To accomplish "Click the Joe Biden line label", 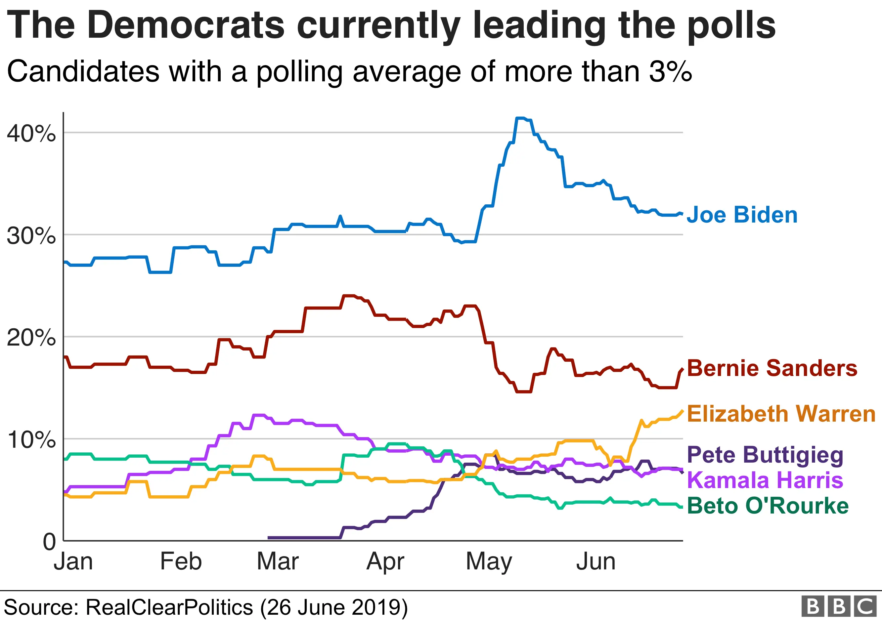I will pyautogui.click(x=742, y=215).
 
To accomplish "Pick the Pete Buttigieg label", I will pyautogui.click(x=765, y=455).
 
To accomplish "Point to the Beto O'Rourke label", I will pyautogui.click(x=768, y=506).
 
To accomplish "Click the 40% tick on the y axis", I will pyautogui.click(x=31, y=134).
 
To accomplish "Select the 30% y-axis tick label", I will pyautogui.click(x=31, y=236).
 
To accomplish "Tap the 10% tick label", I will pyautogui.click(x=31, y=439).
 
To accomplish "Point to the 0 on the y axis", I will pyautogui.click(x=49, y=542).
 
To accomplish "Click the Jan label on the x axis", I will pyautogui.click(x=73, y=562).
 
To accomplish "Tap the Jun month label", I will pyautogui.click(x=595, y=562).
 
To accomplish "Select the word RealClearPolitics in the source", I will pyautogui.click(x=169, y=607).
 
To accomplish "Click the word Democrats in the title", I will pyautogui.click(x=186, y=25).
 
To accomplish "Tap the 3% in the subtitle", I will pyautogui.click(x=671, y=71).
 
